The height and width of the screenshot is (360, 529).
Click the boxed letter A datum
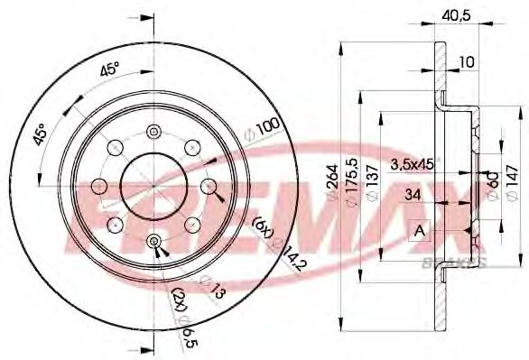pyautogui.click(x=419, y=230)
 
